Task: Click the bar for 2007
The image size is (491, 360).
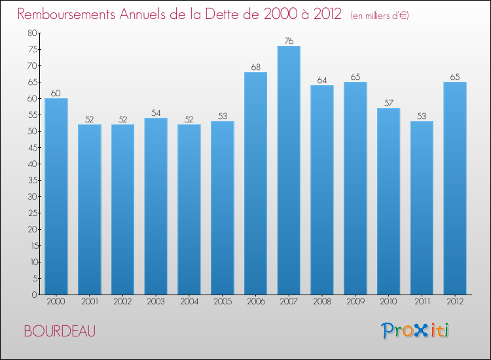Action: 289,170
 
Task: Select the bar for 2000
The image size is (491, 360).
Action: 56,196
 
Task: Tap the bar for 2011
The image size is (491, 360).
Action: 422,207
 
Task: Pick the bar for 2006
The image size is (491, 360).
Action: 255,183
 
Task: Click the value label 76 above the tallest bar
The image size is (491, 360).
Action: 289,41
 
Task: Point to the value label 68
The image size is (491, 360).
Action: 255,67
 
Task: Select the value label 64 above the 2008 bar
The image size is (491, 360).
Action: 322,81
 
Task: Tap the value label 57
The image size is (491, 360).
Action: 388,103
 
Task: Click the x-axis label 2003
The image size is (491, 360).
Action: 156,302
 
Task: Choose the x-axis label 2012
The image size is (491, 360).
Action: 455,302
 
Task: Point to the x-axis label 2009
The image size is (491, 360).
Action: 355,302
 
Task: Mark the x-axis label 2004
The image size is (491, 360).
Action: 189,302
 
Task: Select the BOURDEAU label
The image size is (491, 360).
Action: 60,331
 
